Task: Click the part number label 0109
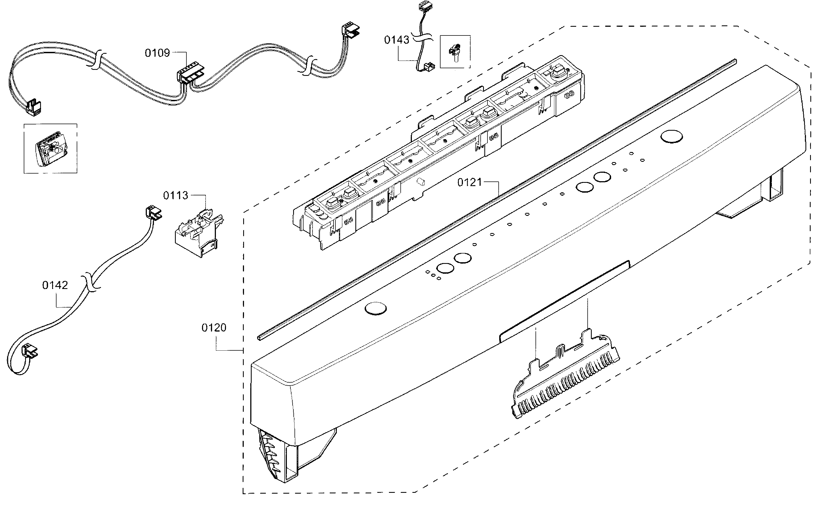[x=157, y=53]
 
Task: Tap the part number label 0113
[x=176, y=195]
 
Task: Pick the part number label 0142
[x=55, y=285]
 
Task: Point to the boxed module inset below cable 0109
[x=50, y=148]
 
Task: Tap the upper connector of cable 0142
[x=153, y=213]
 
